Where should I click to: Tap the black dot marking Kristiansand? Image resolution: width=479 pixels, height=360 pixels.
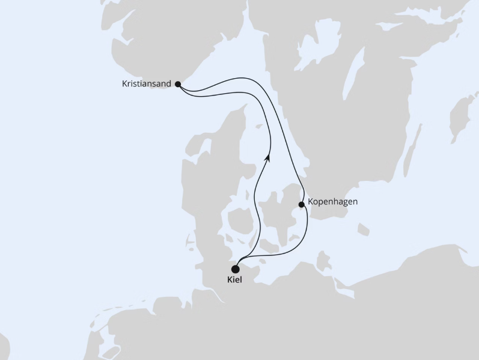pyautogui.click(x=177, y=85)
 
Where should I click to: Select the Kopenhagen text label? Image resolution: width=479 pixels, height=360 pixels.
pyautogui.click(x=332, y=202)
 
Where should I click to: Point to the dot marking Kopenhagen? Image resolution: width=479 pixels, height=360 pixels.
pyautogui.click(x=302, y=204)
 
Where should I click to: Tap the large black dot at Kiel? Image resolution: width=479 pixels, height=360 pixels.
pyautogui.click(x=236, y=269)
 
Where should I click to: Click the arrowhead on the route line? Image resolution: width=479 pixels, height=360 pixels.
pyautogui.click(x=267, y=157)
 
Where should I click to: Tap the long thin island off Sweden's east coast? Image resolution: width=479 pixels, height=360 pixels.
pyautogui.click(x=411, y=153)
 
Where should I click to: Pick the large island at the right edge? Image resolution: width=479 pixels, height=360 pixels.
pyautogui.click(x=463, y=117)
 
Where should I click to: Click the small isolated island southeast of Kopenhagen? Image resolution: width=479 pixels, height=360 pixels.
pyautogui.click(x=363, y=230)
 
